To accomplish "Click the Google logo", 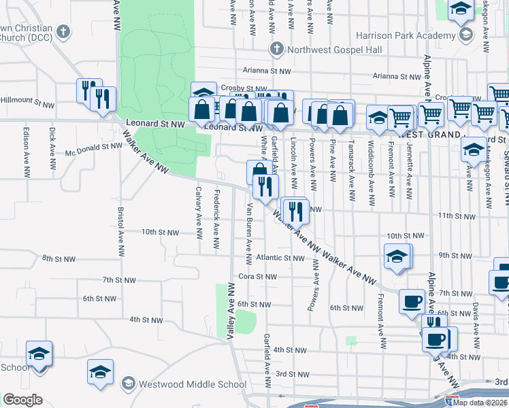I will [x=23, y=400].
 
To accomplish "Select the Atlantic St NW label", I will [x=280, y=258].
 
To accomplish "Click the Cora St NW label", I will [x=258, y=277].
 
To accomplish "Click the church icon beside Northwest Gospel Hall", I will [x=276, y=49].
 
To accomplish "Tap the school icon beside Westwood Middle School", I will [x=127, y=384].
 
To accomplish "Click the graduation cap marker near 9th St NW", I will [x=397, y=257].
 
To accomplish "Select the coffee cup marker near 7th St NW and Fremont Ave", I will [x=412, y=301].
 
